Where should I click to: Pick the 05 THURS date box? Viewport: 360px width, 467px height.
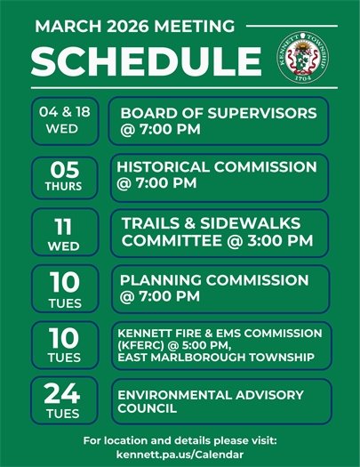tap(64, 176)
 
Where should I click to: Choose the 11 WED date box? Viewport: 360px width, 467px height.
tap(64, 232)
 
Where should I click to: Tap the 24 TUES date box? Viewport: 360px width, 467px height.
tap(64, 400)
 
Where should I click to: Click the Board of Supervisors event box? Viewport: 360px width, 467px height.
tap(219, 122)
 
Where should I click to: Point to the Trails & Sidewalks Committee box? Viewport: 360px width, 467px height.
tap(219, 232)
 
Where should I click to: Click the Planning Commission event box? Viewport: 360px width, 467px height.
tap(219, 288)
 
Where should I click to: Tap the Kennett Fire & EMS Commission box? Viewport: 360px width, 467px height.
tap(219, 345)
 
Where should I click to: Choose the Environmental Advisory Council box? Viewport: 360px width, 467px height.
tap(219, 401)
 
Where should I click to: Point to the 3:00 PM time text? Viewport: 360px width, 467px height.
tap(279, 240)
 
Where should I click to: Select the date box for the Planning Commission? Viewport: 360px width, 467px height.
tap(64, 288)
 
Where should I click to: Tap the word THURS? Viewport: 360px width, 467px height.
tap(64, 187)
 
